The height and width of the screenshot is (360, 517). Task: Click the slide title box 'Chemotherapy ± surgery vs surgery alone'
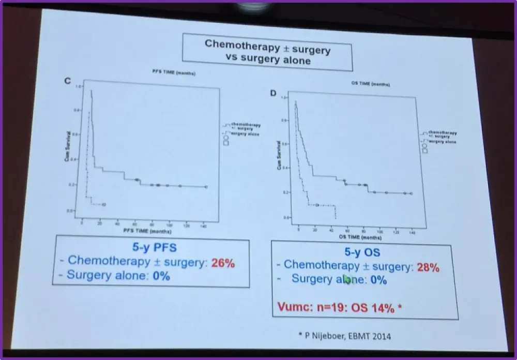coord(267,52)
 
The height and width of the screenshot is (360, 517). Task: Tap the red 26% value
coord(223,263)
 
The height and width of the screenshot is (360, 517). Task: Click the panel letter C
coord(67,81)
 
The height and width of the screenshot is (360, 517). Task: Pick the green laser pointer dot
coord(348,280)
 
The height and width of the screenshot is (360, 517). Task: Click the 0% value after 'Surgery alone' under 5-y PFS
coord(161,276)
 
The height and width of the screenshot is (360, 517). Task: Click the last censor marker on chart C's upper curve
coord(206,187)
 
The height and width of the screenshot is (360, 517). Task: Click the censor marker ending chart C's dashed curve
coord(104,204)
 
